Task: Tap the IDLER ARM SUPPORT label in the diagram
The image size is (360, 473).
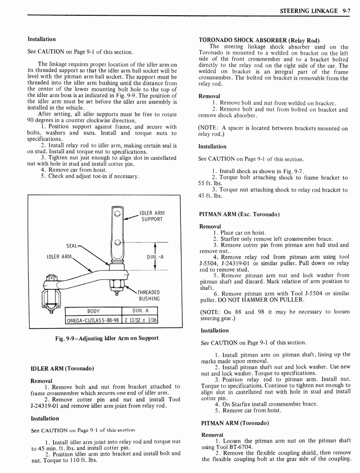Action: (x=152, y=216)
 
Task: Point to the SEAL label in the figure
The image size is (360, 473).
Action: (x=72, y=245)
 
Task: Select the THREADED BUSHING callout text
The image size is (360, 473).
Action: (x=148, y=296)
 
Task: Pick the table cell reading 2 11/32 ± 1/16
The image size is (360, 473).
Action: (x=139, y=320)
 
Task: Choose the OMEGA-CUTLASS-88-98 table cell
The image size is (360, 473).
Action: (x=93, y=320)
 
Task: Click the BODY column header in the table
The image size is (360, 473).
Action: (x=93, y=311)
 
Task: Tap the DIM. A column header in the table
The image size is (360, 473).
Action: (x=139, y=311)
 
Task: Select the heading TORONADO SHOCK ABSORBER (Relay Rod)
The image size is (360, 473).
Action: (x=259, y=40)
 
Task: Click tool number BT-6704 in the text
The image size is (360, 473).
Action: (x=239, y=447)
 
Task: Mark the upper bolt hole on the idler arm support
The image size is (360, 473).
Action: (x=118, y=214)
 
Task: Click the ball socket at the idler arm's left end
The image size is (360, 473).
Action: (x=51, y=296)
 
